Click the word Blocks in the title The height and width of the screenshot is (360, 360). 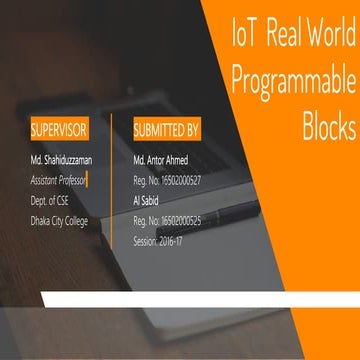(328, 126)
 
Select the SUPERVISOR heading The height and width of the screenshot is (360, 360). (59, 130)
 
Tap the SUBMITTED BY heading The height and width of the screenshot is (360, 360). (166, 130)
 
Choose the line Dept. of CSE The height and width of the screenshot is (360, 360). (51, 201)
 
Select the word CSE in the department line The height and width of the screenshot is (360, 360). (64, 201)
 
